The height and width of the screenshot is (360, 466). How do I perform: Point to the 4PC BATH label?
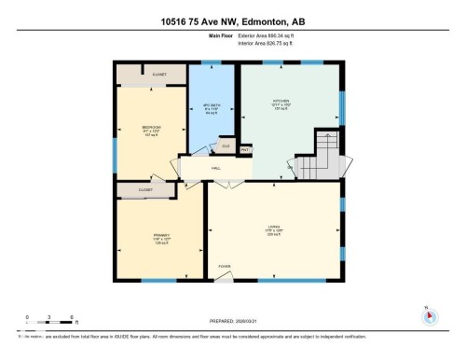pos(210,105)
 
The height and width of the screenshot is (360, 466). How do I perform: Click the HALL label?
pos(215,168)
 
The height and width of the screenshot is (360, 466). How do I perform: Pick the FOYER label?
pos(224,267)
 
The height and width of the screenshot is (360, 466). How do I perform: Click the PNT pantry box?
pos(245,149)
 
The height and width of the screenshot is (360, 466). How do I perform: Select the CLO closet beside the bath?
pos(225,146)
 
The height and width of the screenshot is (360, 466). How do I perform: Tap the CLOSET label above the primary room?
pos(144,190)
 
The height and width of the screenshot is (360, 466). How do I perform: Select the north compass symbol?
pos(428,315)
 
